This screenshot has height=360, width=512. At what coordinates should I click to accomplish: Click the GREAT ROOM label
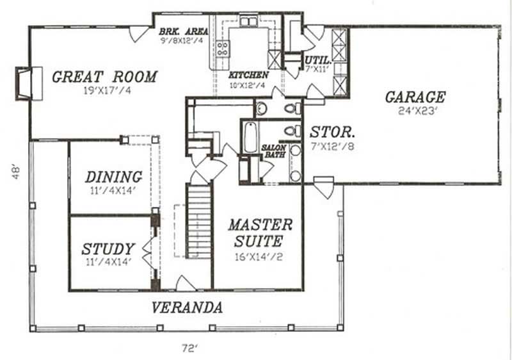[x=104, y=77]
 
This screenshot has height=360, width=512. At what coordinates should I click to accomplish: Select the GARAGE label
[x=415, y=97]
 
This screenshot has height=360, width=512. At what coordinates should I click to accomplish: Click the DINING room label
[x=113, y=176]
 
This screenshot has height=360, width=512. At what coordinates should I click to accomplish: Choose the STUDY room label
[x=108, y=249]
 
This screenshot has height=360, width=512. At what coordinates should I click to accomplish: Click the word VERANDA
[x=187, y=307]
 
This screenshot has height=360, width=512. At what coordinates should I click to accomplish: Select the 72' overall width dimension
[x=190, y=348]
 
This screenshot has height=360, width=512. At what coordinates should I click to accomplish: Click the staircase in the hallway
[x=198, y=220]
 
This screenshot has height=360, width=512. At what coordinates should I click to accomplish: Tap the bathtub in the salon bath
[x=250, y=137]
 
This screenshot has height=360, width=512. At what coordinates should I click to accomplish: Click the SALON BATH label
[x=274, y=152]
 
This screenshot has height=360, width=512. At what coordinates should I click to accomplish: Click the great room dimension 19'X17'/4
[x=104, y=91]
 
